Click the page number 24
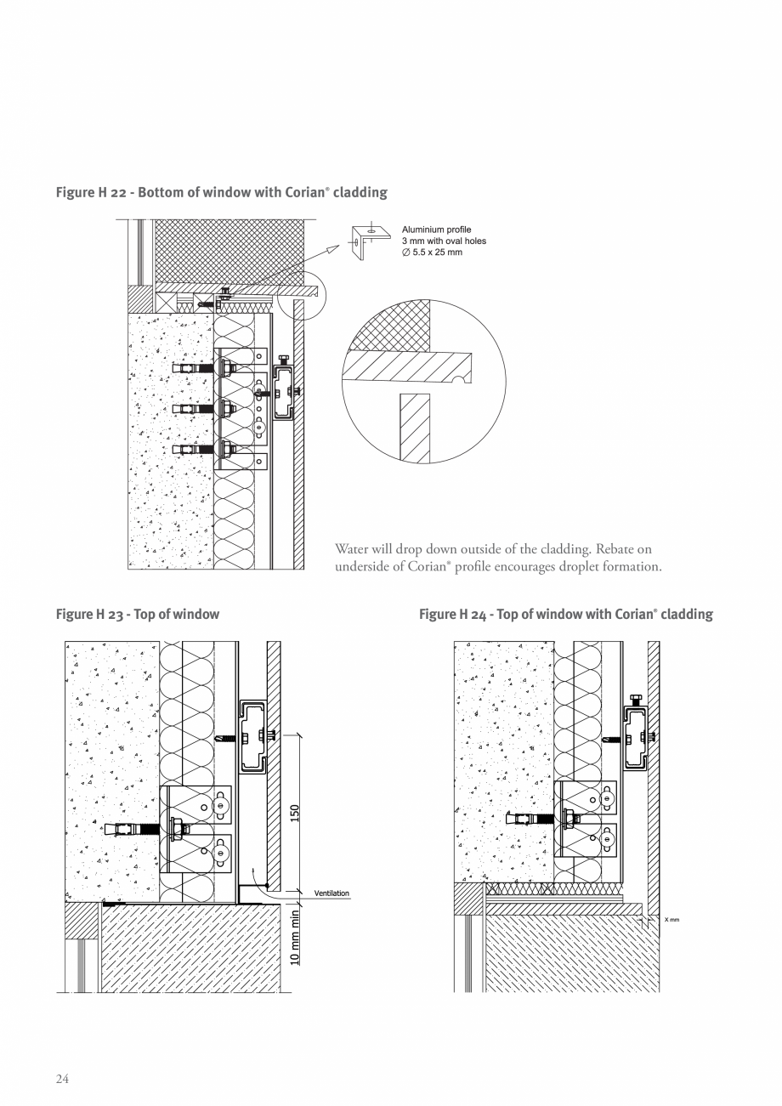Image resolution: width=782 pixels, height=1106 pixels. pos(62,1079)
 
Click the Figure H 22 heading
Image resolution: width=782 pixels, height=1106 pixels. pos(221,192)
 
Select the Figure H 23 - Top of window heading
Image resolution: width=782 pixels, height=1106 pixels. pos(137,614)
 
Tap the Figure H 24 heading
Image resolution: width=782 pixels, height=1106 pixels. pos(565,614)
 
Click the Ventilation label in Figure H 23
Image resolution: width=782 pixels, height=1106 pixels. pos(331,893)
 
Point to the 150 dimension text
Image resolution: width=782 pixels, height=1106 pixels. pos(295,812)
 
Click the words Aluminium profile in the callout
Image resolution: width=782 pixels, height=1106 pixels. pos(436,230)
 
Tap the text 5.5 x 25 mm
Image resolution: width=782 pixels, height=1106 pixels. pos(438,252)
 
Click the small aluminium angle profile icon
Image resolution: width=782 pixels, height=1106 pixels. pos(370,241)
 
